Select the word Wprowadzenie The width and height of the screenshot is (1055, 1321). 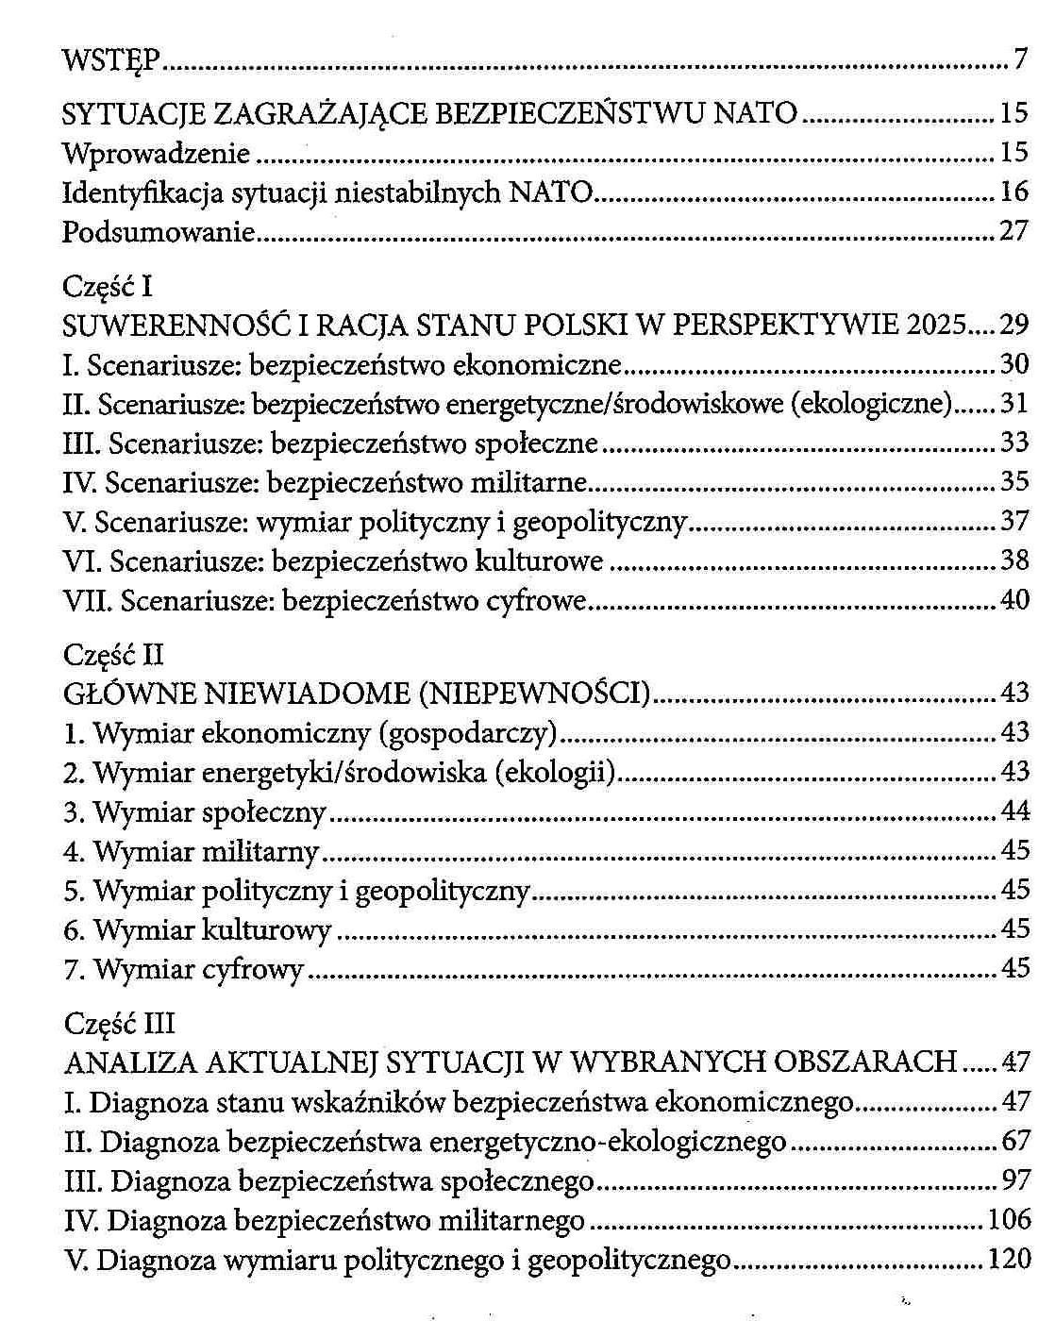(x=156, y=153)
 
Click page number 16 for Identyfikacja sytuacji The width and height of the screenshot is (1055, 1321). (x=1013, y=192)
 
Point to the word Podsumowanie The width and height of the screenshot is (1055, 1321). (x=159, y=232)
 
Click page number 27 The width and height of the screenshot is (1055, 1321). (x=1013, y=231)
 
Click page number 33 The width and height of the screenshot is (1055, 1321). (x=1014, y=443)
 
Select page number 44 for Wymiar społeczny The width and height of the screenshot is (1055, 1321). (x=1014, y=811)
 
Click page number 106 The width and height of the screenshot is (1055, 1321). (x=1010, y=1220)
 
